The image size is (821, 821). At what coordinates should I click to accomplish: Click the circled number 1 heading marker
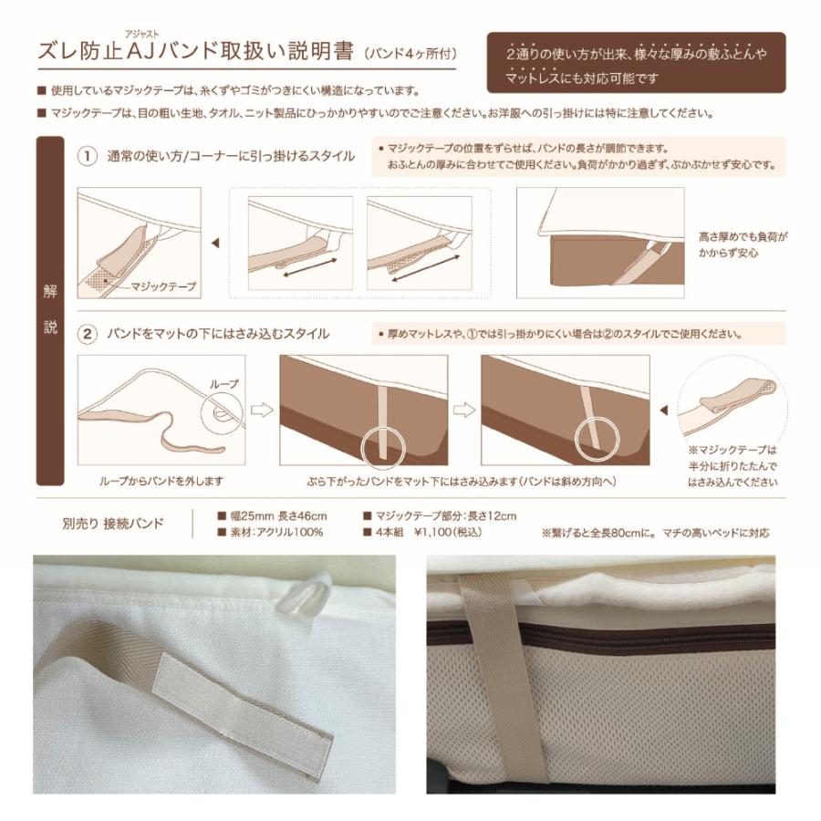88,156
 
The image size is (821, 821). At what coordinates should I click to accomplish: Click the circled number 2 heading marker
88,334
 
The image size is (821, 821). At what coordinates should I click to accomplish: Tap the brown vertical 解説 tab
50,310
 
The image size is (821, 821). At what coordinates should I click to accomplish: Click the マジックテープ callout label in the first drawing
163,286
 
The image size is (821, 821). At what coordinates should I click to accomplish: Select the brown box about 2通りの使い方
636,65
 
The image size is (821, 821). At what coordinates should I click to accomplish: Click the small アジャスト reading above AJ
141,31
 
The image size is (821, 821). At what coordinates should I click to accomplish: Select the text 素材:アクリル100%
275,532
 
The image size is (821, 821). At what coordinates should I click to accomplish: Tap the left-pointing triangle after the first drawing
214,244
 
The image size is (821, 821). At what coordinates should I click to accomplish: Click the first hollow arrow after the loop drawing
262,410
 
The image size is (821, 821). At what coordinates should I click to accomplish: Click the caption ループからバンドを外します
161,480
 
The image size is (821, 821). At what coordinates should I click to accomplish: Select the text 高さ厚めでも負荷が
742,235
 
